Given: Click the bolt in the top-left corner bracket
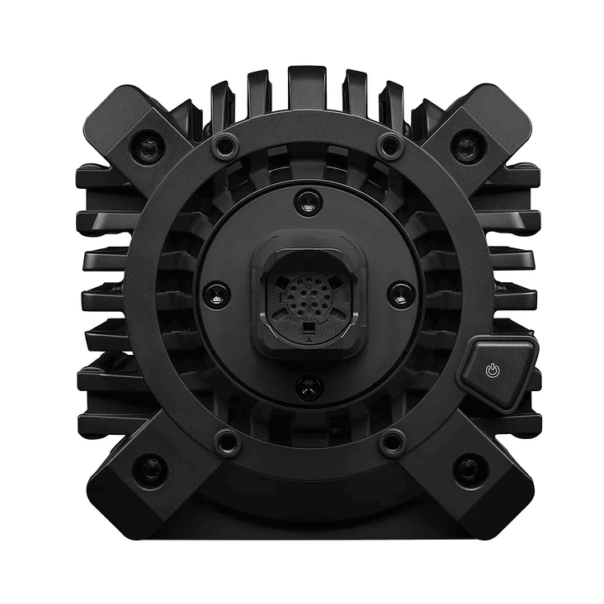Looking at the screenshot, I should click(147, 148).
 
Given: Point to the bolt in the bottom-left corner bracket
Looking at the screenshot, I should click(149, 470).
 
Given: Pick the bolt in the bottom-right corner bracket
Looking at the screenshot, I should click(468, 470).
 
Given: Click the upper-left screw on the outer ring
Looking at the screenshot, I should click(224, 147).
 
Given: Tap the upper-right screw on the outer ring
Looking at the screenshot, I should click(389, 147).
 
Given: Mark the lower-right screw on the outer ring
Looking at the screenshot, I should click(391, 442).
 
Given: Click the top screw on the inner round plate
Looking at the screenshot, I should click(308, 201).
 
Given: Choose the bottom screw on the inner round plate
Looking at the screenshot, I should click(308, 385).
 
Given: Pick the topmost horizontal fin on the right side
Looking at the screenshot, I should click(516, 176).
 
